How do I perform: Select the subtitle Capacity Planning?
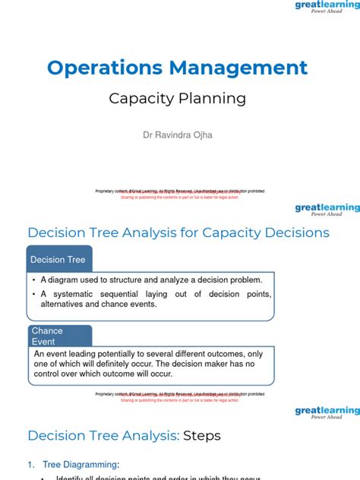[x=178, y=98]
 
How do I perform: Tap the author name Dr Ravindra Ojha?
[x=178, y=135]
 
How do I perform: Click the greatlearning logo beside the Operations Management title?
[x=327, y=8]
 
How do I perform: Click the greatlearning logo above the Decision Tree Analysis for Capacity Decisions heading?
[x=327, y=209]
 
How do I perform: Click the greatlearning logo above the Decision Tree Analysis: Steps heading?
[x=327, y=412]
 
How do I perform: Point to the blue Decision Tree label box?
[x=58, y=260]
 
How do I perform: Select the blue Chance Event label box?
[x=58, y=336]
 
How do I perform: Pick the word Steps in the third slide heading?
[x=202, y=435]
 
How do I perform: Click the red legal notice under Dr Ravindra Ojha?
[x=179, y=196]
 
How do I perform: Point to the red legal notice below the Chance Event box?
[x=179, y=399]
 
